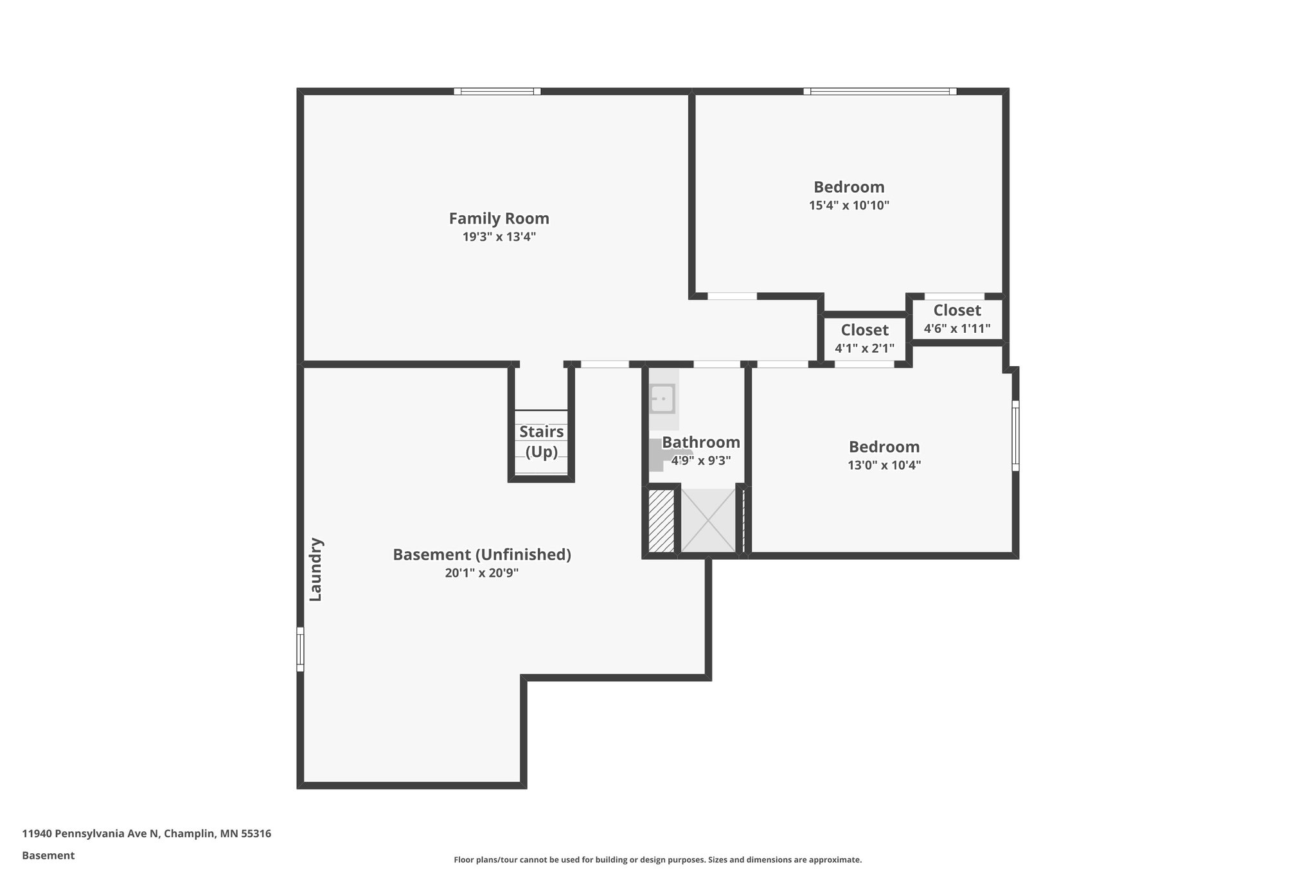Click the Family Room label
point(499,218)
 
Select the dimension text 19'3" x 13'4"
point(499,237)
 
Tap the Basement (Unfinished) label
point(482,554)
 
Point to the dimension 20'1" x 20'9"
point(482,573)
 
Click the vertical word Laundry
point(316,569)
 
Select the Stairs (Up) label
point(541,441)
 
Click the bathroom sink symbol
point(661,398)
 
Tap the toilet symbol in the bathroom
point(657,455)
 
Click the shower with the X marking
point(707,520)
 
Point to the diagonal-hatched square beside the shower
point(661,520)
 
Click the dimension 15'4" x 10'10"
point(849,206)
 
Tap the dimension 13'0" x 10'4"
point(884,465)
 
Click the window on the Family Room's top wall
point(497,91)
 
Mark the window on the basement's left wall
point(300,649)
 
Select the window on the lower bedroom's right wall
point(1015,436)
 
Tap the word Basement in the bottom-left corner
point(48,855)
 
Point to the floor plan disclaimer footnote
point(657,860)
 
